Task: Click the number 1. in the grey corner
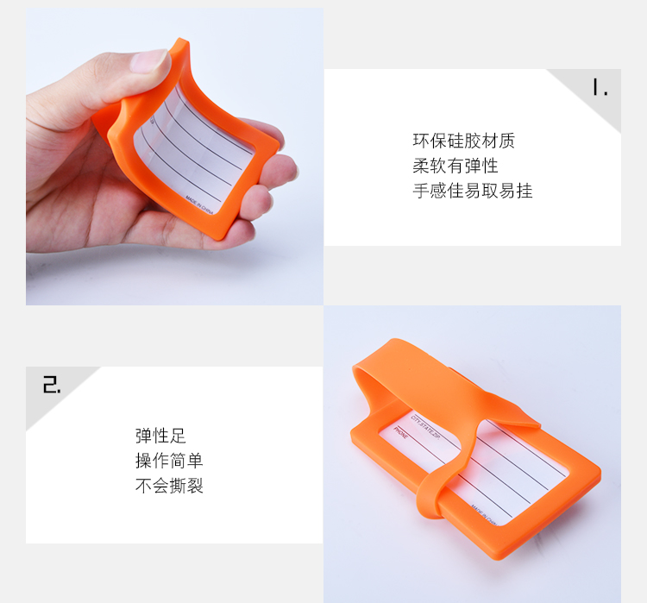[x=600, y=88]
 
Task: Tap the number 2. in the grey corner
[x=52, y=385]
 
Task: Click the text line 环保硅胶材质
[x=463, y=141]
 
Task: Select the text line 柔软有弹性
[x=455, y=166]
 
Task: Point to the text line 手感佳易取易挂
[x=472, y=191]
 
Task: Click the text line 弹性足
[x=160, y=436]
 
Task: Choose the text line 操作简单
[x=169, y=461]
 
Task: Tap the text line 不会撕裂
[x=169, y=486]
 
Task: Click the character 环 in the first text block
[x=421, y=141]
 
